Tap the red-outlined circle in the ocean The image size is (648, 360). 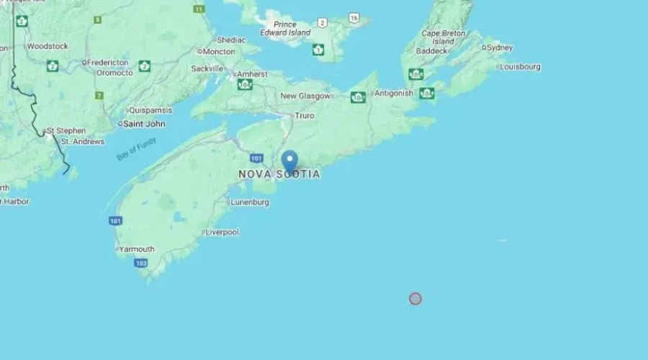click(x=415, y=298)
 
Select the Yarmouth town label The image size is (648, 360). click(x=137, y=249)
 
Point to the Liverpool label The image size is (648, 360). click(x=222, y=232)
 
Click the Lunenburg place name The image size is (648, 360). click(x=250, y=202)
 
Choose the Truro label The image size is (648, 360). click(x=305, y=115)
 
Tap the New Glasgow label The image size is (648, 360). click(x=305, y=96)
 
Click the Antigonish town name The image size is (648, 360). click(x=394, y=93)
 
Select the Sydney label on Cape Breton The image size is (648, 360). click(x=500, y=48)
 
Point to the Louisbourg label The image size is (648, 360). click(x=520, y=67)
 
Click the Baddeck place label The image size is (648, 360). click(x=431, y=51)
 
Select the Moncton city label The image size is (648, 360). click(x=219, y=52)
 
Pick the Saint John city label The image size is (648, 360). click(x=144, y=124)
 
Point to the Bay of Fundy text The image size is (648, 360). click(x=136, y=149)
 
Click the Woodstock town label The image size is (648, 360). click(x=48, y=46)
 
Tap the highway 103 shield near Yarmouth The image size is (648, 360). click(x=140, y=264)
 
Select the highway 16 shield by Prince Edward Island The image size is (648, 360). click(x=354, y=17)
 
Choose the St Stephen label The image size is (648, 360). click(x=66, y=131)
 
